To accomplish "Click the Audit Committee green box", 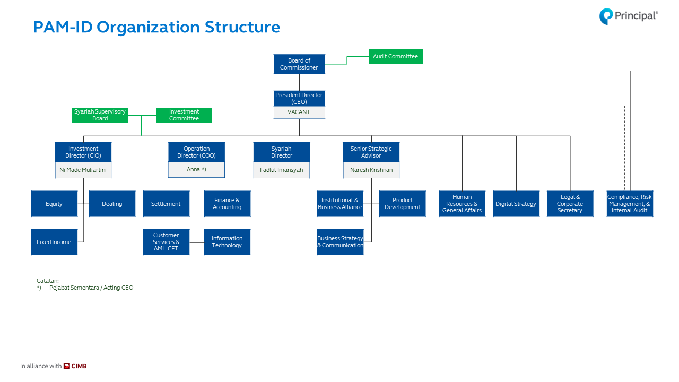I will click(395, 56).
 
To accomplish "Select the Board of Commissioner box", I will click(299, 64).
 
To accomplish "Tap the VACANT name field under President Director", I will click(299, 112).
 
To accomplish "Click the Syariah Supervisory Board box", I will click(100, 115).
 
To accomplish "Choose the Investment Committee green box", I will click(184, 115).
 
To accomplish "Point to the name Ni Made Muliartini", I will click(83, 170).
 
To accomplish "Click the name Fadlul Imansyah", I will click(282, 170).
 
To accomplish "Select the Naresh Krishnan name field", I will click(371, 170).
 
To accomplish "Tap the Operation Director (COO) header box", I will click(197, 152).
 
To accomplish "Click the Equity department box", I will click(54, 204).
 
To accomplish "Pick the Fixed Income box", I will click(54, 242).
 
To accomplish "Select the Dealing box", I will click(112, 204).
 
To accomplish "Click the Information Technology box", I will click(227, 242).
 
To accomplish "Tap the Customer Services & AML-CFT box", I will click(166, 242).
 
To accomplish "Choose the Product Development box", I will click(403, 204).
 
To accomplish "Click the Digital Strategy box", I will click(516, 204).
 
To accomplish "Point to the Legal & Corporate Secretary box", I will click(570, 204).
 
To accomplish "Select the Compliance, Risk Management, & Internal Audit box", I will click(630, 204).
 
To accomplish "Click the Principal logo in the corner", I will click(629, 16).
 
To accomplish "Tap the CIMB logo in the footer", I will click(75, 366).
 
